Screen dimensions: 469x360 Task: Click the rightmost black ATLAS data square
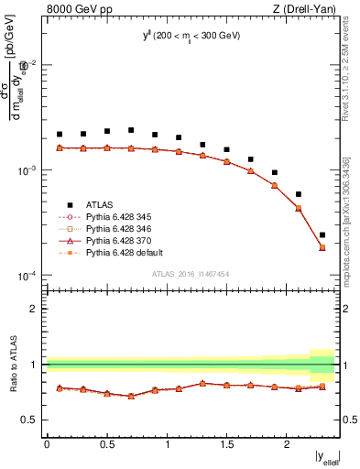coord(322,235)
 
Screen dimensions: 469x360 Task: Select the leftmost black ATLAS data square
coord(60,135)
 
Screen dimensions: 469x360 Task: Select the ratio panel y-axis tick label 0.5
coord(34,420)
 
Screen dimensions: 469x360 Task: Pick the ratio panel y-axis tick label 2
coord(38,309)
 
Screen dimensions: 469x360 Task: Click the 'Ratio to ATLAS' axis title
coord(12,364)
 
